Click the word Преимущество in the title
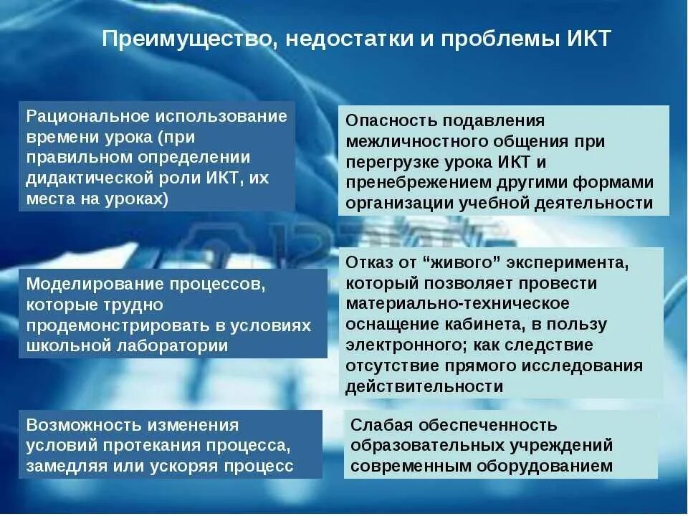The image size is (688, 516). click(x=186, y=38)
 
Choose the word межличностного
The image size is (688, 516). click(x=406, y=141)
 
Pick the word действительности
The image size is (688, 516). click(x=424, y=386)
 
